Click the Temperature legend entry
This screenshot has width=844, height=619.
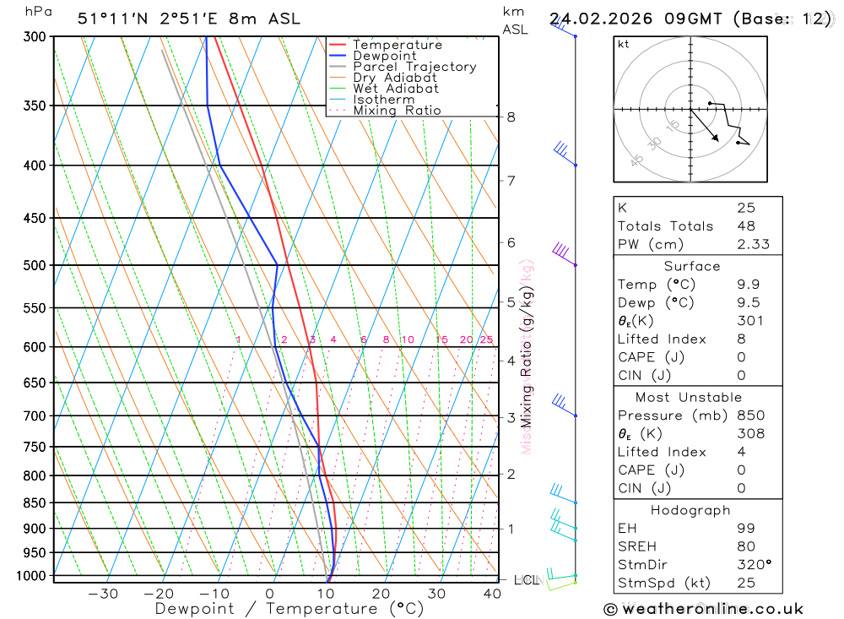pos(397,45)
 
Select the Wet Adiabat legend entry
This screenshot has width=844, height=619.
pos(396,89)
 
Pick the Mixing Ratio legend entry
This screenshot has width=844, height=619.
pos(397,111)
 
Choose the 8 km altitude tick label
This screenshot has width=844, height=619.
pos(511,117)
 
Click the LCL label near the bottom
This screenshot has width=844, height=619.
pos(526,580)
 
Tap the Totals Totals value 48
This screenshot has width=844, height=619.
pos(746,225)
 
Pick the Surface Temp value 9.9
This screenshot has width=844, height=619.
pos(746,285)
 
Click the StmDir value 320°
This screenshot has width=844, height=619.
pos(752,564)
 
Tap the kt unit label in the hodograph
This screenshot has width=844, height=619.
pos(623,43)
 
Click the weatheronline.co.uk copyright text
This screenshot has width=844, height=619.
pos(703,609)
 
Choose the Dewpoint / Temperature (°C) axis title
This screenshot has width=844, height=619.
pos(289,608)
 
